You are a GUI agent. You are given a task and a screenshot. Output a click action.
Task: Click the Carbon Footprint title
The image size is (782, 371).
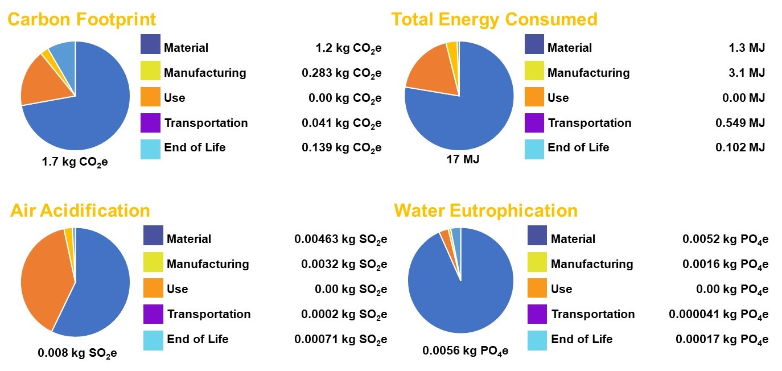[81, 20]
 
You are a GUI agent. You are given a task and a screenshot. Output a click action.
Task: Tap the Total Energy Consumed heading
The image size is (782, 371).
[494, 20]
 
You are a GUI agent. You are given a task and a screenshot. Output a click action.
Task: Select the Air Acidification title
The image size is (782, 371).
[80, 211]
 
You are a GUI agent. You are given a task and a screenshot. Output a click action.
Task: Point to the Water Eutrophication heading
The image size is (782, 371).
[485, 211]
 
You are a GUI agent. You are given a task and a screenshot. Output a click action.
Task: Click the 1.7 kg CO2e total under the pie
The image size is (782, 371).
[75, 162]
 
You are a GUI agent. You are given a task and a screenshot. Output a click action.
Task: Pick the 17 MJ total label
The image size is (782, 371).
[463, 159]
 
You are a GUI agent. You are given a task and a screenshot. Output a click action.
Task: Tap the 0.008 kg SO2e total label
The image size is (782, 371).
[77, 353]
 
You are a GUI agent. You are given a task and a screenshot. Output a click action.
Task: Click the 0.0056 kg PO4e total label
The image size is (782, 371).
[465, 351]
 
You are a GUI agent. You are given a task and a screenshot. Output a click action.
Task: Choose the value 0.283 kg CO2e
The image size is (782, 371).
[341, 73]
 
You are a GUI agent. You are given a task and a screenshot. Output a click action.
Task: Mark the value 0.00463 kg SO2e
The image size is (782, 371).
[340, 240]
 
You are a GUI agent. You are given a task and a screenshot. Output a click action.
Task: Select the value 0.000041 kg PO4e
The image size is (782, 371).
[718, 315]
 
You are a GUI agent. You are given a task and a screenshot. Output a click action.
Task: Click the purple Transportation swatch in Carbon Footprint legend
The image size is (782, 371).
[150, 123]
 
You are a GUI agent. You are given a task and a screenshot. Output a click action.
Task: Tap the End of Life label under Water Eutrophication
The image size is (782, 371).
[581, 340]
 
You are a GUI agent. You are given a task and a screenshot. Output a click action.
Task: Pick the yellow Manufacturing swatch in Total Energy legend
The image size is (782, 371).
[534, 73]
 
